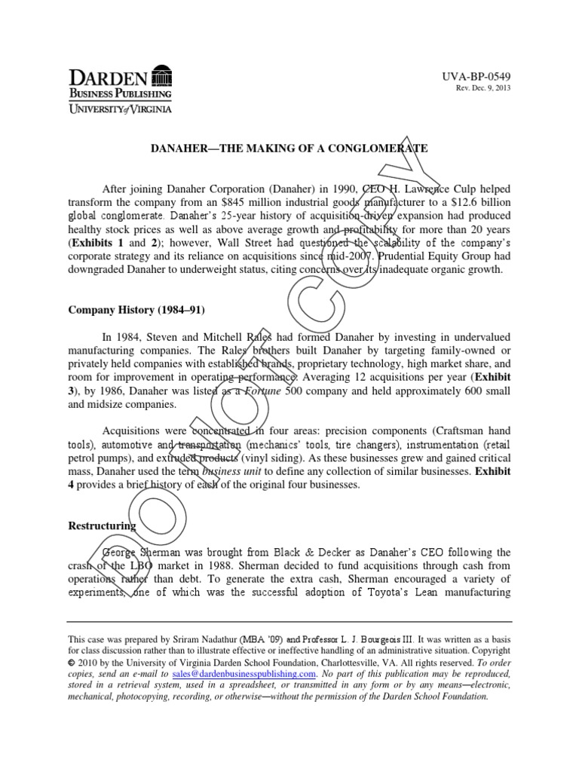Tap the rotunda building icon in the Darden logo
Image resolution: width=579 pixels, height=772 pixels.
click(161, 75)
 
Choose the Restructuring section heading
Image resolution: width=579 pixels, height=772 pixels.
click(103, 525)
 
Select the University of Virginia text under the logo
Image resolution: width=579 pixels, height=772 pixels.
click(121, 109)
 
